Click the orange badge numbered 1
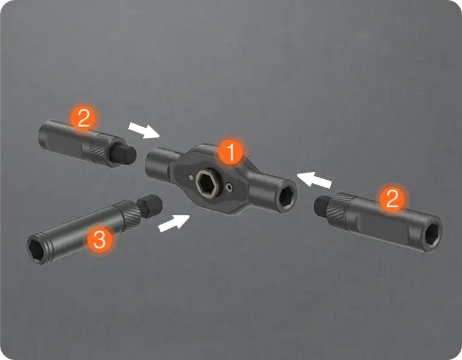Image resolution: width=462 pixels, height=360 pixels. pos(231,151)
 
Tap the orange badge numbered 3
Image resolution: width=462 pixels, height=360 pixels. pos(99,239)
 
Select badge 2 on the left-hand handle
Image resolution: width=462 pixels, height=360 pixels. pos(83,118)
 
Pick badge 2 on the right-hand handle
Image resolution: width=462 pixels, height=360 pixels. pos(392,198)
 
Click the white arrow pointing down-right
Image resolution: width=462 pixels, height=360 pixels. pos(144,131)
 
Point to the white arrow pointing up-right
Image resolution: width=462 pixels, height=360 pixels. pos(174,223)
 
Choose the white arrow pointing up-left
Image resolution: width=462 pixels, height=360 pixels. pos(314,180)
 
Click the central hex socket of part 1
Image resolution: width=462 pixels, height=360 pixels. pos(206,182)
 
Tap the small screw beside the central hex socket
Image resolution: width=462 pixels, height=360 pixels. pos(229,186)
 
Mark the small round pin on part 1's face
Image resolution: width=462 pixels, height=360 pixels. pos(191,177)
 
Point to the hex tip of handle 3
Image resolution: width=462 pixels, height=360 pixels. pos(150,206)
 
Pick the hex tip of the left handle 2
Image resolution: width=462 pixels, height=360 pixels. pos(123,154)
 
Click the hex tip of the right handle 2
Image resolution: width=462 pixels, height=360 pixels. pos(324,205)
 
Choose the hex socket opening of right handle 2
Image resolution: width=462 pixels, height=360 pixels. pos(434,234)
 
